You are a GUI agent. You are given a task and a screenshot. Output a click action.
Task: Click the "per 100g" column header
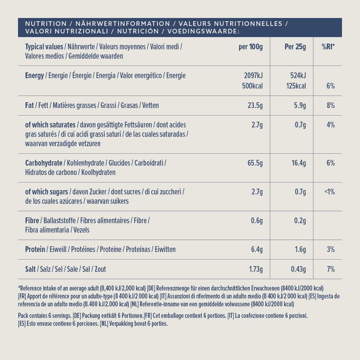click(251, 47)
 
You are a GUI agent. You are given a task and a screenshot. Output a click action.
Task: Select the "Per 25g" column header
click(295, 47)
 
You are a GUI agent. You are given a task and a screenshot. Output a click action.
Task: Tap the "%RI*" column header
click(328, 47)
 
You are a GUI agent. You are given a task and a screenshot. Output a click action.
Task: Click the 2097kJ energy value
click(253, 76)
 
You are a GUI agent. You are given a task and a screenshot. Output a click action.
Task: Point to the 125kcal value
click(296, 86)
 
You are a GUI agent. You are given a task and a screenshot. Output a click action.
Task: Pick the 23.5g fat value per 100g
click(255, 105)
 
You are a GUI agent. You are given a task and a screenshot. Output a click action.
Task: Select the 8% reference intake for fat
click(331, 105)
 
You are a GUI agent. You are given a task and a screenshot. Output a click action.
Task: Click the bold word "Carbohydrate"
click(41, 163)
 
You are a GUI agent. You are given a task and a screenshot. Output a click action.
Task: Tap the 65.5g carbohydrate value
click(255, 163)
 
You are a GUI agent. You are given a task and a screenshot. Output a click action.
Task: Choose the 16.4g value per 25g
click(298, 163)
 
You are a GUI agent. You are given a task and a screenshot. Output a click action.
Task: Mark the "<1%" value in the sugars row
click(329, 192)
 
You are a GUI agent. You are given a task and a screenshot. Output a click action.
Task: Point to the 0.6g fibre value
click(257, 221)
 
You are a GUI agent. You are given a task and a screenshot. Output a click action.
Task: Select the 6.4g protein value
click(257, 249)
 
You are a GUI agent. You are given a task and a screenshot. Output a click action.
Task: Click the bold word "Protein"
click(35, 249)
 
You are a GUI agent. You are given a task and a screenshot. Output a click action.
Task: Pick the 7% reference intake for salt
click(331, 269)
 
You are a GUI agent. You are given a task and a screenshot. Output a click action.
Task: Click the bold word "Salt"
click(31, 269)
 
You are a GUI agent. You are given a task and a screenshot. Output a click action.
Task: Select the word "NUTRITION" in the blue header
click(46, 24)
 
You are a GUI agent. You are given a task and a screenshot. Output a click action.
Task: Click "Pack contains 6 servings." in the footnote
click(44, 316)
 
